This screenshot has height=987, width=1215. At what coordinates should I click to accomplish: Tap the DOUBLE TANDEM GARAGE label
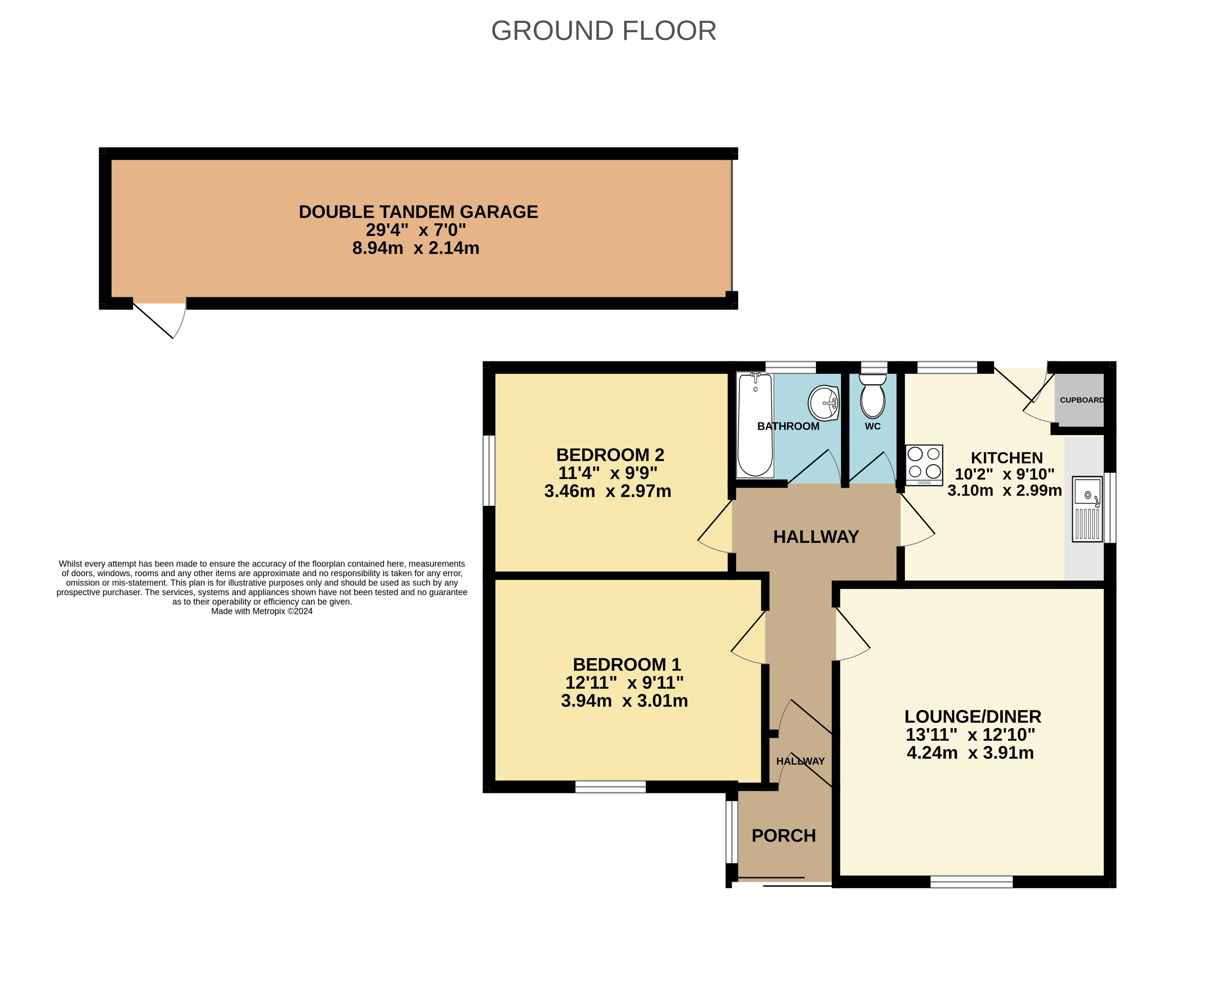click(418, 212)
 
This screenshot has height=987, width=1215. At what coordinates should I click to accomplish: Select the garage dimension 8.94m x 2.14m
click(416, 248)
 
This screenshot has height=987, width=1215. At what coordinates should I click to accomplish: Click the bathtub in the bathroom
click(755, 425)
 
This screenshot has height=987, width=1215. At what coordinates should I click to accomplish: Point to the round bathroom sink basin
click(824, 403)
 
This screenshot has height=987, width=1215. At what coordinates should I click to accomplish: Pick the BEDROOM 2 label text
click(610, 455)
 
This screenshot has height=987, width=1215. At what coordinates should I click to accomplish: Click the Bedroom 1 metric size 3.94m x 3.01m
click(624, 701)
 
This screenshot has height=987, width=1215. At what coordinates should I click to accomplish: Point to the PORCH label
click(783, 836)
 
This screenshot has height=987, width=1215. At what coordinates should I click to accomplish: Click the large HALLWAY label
click(816, 537)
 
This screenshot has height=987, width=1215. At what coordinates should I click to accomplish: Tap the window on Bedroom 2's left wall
click(488, 471)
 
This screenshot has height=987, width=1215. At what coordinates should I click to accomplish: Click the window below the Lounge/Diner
click(971, 882)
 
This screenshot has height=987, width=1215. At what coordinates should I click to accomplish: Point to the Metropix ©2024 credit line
click(262, 611)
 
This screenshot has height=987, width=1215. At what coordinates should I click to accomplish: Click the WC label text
click(873, 426)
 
